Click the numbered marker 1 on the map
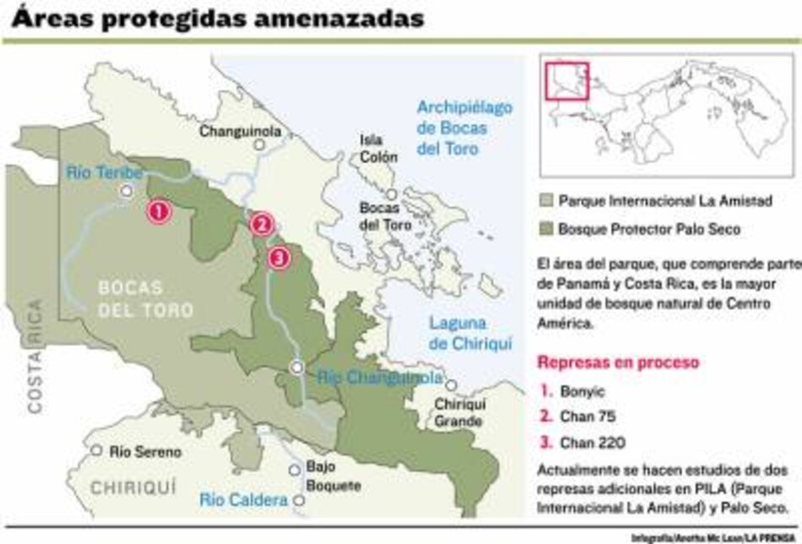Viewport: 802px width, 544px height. [x=158, y=211]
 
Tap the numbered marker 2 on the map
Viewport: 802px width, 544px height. [x=263, y=224]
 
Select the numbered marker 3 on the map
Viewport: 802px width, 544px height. [x=279, y=257]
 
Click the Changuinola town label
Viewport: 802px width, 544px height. [x=240, y=131]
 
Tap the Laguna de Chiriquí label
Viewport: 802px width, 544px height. [x=463, y=332]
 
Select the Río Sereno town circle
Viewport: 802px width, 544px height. [x=98, y=451]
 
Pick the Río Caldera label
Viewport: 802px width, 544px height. [x=244, y=501]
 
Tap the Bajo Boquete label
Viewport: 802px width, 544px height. [x=333, y=477]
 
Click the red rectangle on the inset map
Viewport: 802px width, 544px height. [x=566, y=82]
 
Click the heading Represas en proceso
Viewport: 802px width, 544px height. [x=618, y=363]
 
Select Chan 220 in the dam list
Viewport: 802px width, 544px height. [x=590, y=440]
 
